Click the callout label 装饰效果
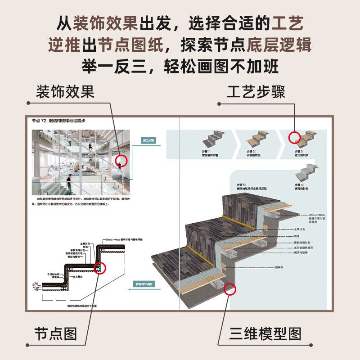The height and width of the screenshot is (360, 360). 65,92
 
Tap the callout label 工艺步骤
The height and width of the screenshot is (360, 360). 256,92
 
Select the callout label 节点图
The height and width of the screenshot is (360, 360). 56,333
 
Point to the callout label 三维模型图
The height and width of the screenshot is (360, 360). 265,333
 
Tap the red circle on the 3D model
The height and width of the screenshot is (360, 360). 230,288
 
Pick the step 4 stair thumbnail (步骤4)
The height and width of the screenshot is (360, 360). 303,173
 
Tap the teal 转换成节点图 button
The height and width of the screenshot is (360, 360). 144,284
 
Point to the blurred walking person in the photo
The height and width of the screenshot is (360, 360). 68,184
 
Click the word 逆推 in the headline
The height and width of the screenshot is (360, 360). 64,45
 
